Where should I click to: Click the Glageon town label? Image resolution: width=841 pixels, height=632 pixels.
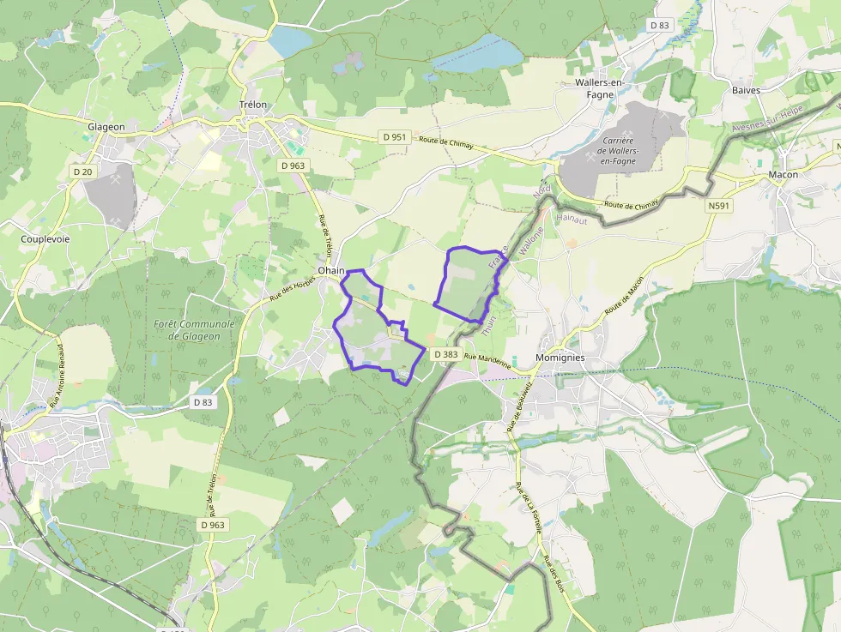(x=106, y=127)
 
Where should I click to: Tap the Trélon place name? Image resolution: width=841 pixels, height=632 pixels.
(x=253, y=105)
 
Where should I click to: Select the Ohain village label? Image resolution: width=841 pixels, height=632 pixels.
(x=330, y=270)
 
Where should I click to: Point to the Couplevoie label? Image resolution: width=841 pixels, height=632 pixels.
(x=45, y=238)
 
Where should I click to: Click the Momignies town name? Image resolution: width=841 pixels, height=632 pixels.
(x=560, y=357)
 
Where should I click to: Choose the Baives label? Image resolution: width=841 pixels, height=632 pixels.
(x=747, y=90)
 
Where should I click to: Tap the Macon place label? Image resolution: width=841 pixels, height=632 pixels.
(x=784, y=175)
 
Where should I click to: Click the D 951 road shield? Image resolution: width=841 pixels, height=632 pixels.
(x=393, y=137)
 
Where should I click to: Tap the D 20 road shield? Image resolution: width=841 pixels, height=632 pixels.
(x=82, y=172)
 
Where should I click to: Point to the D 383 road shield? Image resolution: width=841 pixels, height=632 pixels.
(x=445, y=354)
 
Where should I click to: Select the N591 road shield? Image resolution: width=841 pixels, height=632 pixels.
(x=719, y=207)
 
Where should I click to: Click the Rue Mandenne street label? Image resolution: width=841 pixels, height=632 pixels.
(x=487, y=360)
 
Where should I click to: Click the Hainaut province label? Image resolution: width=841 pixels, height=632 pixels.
(x=570, y=219)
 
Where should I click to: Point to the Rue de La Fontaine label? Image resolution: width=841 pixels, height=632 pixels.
(x=529, y=508)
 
